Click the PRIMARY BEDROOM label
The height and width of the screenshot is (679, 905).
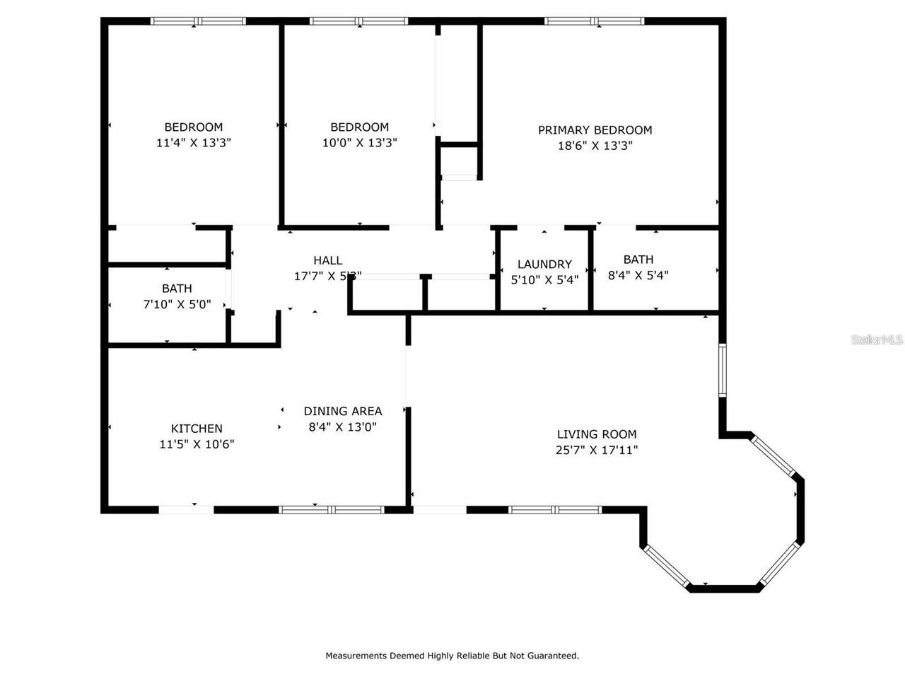(x=595, y=130)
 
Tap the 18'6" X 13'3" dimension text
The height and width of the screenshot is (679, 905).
(x=595, y=146)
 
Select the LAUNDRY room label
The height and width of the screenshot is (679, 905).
(x=544, y=265)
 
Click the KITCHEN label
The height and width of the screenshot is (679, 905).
(x=197, y=429)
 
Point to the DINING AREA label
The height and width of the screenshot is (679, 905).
(x=343, y=411)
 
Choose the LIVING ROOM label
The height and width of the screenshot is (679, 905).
(x=597, y=434)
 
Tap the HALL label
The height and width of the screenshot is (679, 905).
(x=328, y=261)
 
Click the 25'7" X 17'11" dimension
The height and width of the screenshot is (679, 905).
(x=597, y=451)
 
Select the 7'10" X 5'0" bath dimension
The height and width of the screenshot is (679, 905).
(x=177, y=305)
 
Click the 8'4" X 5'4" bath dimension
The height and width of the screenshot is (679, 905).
(x=638, y=276)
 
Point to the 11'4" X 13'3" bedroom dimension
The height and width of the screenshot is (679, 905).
(x=194, y=143)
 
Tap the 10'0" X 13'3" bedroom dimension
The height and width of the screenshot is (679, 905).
(x=359, y=143)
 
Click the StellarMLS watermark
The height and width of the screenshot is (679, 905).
(x=877, y=340)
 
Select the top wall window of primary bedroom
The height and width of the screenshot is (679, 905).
(x=594, y=21)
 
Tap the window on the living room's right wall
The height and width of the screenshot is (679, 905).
(x=722, y=370)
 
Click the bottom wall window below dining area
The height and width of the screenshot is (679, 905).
(x=332, y=509)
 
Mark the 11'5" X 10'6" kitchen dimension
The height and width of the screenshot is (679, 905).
(x=197, y=445)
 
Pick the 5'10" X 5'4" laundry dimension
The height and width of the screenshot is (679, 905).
(x=544, y=280)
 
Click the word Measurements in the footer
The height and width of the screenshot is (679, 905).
(x=356, y=656)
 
